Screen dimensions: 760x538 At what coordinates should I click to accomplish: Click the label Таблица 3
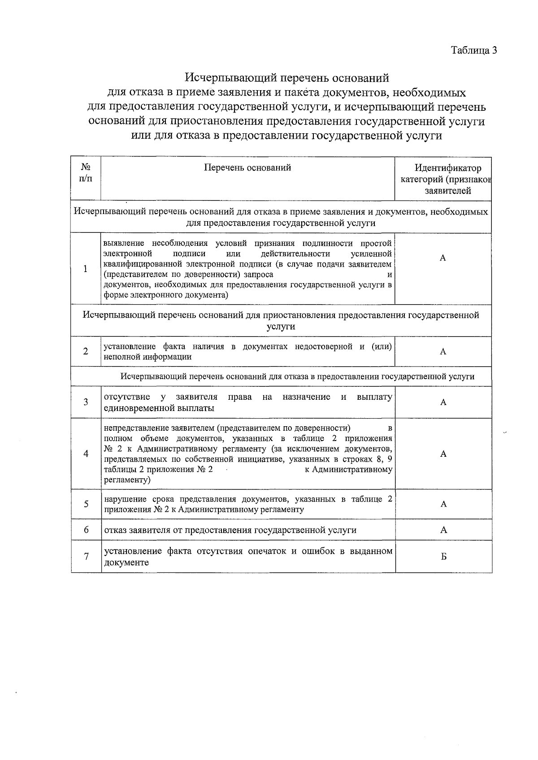point(473,50)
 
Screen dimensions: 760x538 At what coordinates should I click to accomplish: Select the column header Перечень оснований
point(247,167)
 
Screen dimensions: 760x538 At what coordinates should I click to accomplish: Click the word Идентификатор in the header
point(448,168)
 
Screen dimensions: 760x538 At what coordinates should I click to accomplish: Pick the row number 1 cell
point(86,269)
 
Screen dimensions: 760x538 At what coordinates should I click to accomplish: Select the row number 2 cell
point(86,351)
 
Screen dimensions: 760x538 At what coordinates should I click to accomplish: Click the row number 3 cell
point(86,402)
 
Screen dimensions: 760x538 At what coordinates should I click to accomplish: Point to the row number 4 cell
point(86,454)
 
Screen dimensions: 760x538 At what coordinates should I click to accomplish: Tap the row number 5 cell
point(86,504)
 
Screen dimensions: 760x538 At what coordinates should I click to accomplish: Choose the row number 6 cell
point(86,530)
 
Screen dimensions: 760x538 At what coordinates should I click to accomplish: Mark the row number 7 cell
point(86,556)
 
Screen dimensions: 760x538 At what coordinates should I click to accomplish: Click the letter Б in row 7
point(443,556)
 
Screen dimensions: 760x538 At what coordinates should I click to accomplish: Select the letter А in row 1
point(443,258)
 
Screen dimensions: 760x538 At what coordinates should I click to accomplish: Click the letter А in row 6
point(443,530)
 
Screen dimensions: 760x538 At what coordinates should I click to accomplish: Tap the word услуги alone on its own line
point(281,326)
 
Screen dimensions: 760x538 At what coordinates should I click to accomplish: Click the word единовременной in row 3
point(132,408)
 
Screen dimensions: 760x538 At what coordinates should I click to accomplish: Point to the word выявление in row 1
point(124,244)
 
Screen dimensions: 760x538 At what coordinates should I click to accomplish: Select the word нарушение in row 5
point(124,499)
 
